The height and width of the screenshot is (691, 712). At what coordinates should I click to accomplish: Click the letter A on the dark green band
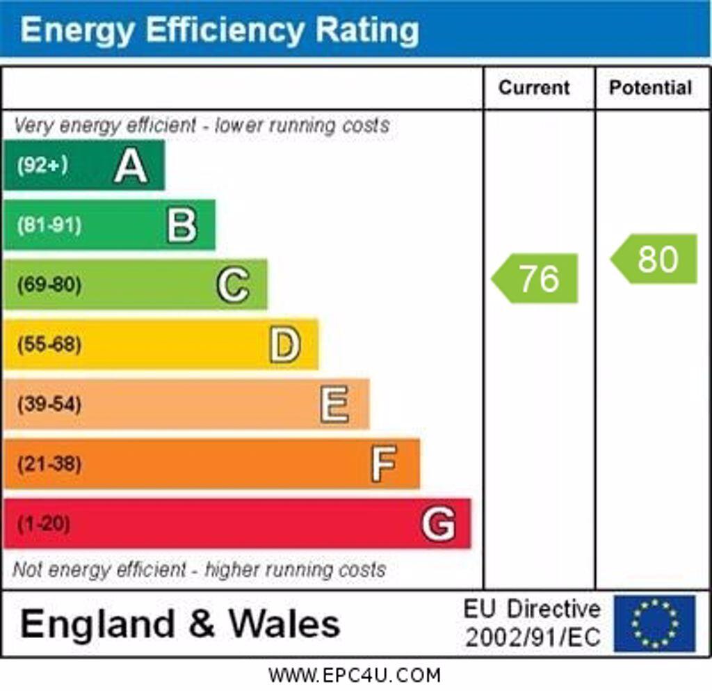pos(131,166)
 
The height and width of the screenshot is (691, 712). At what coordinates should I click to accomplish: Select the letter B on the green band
pos(181,225)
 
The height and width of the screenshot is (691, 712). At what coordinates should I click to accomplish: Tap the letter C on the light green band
pos(232,285)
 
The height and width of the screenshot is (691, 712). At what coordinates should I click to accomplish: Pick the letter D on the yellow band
pos(284,344)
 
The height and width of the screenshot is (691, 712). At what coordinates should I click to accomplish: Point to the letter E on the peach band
pos(334,404)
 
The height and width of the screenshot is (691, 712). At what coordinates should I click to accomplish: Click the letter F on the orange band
pos(383,463)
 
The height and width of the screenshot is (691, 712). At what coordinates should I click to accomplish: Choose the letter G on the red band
pos(438,523)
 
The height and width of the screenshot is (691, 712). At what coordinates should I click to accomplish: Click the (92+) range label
pos(42,166)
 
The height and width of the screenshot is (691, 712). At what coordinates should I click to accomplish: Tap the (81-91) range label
pos(49,225)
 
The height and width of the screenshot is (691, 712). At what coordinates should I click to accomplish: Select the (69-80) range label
pos(49,285)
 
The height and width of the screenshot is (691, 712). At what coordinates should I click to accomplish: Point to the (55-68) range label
pos(49,344)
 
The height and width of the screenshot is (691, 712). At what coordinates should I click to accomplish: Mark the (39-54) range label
pos(49,404)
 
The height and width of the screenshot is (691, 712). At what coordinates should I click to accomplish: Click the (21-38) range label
pos(49,463)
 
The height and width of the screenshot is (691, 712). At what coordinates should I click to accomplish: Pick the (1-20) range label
pos(43,523)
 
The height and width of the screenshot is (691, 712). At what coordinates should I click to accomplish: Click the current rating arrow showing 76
pos(536,278)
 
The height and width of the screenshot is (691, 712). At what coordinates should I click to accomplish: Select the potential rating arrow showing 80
pos(655,259)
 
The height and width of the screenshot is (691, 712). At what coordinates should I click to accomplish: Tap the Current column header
pos(534,88)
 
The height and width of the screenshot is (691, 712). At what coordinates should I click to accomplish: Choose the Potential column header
pos(650,88)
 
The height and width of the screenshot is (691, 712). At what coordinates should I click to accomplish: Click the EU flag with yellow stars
pos(654,623)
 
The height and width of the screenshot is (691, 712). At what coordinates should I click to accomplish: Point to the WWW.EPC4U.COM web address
pos(355,675)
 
